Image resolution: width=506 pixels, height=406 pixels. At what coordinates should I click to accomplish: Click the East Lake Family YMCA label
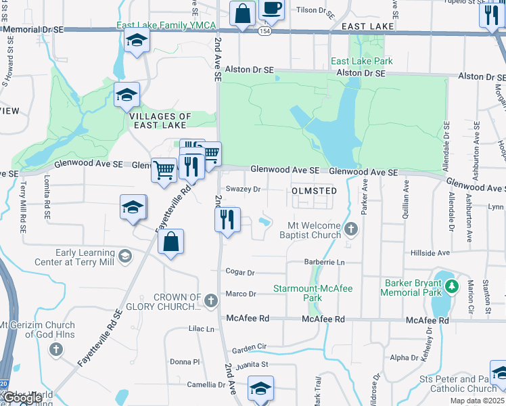(x=166, y=26)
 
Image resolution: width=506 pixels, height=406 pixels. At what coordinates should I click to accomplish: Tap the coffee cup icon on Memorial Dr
(x=271, y=9)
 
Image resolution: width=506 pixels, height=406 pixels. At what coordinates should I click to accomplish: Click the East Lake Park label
(x=361, y=61)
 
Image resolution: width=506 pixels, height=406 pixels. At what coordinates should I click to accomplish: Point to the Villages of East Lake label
(x=160, y=120)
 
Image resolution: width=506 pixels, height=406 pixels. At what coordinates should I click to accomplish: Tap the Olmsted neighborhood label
(x=314, y=191)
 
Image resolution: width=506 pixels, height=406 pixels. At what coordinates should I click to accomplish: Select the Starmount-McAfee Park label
(x=312, y=293)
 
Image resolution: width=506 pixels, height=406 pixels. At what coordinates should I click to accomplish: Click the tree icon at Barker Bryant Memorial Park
(x=451, y=287)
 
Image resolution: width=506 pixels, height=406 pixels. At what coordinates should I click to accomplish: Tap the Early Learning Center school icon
(x=125, y=256)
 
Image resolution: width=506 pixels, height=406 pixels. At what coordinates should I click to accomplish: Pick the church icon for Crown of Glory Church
(x=210, y=299)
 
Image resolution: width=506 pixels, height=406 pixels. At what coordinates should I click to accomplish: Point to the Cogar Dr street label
(x=240, y=273)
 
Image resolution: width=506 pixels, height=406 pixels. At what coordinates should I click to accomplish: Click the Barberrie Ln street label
(x=325, y=262)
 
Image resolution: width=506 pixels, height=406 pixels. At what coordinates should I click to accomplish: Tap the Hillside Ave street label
(x=430, y=252)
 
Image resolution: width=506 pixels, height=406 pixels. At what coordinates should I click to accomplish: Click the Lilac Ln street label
(x=202, y=329)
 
